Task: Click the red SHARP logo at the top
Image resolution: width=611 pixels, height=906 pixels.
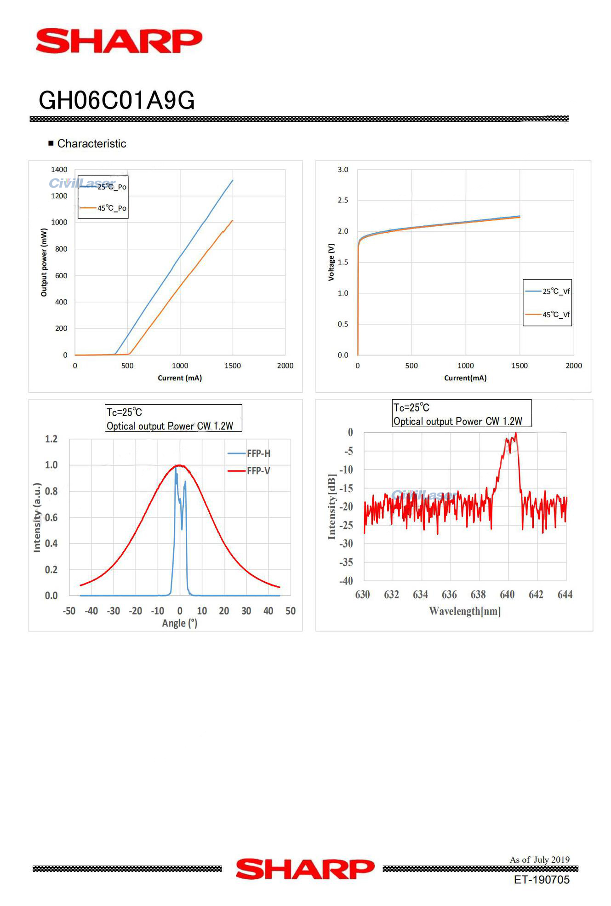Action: click(x=119, y=41)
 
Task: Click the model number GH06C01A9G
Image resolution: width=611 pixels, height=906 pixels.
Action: click(x=117, y=100)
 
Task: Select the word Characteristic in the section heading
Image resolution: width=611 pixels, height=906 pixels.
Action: click(x=91, y=143)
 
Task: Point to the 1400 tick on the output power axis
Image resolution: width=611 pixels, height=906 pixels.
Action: click(x=59, y=170)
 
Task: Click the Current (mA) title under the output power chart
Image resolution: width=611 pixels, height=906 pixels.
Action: click(x=180, y=378)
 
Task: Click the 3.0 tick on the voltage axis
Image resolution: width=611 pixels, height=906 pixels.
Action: click(x=343, y=170)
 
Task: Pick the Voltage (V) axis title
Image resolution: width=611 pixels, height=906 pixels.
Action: click(x=331, y=262)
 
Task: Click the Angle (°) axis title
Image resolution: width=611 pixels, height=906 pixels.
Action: click(x=180, y=623)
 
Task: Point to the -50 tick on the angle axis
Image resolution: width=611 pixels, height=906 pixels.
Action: click(x=69, y=611)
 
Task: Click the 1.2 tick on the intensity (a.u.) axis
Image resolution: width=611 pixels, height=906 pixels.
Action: click(x=51, y=439)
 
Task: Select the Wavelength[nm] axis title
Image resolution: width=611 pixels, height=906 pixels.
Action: click(x=465, y=611)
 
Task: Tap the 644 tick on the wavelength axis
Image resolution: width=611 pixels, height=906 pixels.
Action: click(x=565, y=595)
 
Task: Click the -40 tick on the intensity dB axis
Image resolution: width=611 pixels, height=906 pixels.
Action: click(x=346, y=581)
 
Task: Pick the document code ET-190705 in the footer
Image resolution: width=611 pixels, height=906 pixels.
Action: click(x=542, y=880)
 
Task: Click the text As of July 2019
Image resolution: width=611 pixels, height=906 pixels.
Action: click(x=539, y=860)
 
